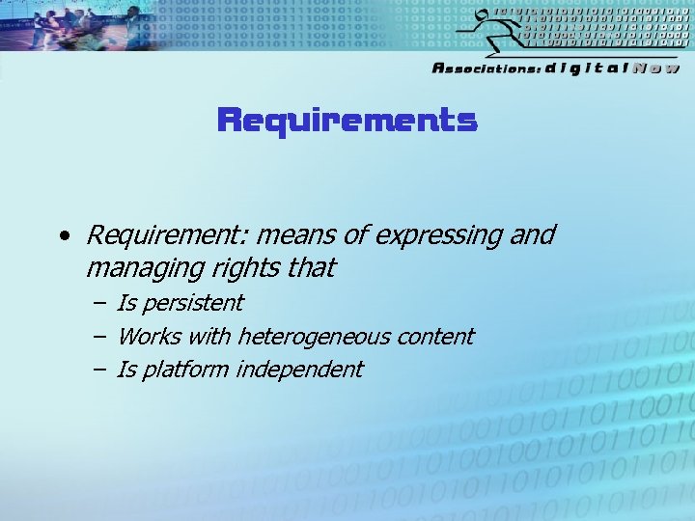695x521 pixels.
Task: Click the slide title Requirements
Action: (347, 121)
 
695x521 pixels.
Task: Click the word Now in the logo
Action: (656, 68)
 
